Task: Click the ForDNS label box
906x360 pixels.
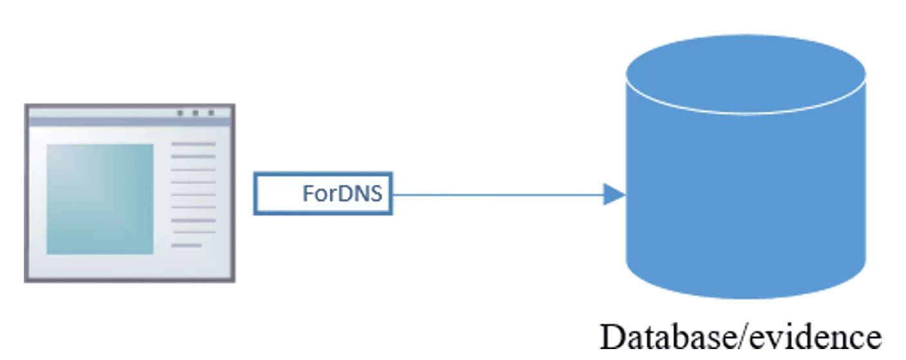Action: (323, 193)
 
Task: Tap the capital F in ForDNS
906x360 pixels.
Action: (308, 193)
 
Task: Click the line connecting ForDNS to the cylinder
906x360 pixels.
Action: (498, 194)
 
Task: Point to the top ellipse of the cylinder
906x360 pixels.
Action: (746, 73)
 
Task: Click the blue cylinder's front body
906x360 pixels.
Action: (746, 202)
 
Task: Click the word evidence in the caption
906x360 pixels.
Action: (814, 337)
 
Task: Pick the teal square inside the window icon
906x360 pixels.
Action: (100, 199)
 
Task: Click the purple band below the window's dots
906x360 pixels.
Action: (129, 122)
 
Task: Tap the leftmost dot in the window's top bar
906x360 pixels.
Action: (180, 113)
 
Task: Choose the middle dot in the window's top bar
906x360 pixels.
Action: (195, 113)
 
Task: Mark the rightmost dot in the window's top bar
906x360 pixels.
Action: (211, 113)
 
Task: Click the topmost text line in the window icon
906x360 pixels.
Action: (193, 144)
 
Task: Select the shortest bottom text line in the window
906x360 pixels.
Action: (186, 245)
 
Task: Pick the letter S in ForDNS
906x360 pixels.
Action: (375, 193)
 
